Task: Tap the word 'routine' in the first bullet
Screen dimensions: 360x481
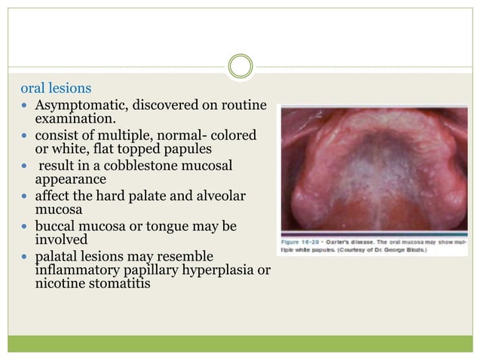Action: [244, 105]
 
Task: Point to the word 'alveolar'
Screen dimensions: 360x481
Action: [225, 197]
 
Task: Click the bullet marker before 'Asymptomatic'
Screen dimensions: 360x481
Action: [25, 106]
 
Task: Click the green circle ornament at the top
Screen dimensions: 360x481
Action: [240, 67]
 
